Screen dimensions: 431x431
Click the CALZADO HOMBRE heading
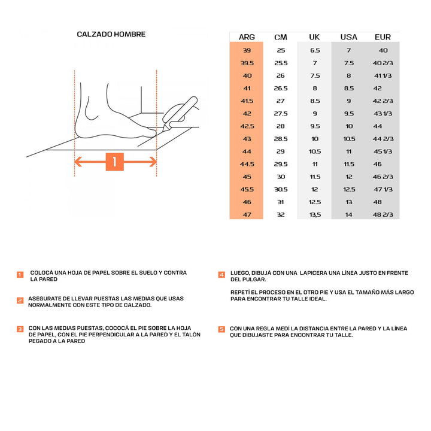[111, 34]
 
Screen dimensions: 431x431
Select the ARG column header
[247, 37]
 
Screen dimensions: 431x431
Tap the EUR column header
[383, 37]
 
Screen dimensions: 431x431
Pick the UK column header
[314, 37]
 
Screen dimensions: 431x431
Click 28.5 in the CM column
[281, 139]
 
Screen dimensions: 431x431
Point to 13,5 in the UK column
[315, 215]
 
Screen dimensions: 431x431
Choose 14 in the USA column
[348, 215]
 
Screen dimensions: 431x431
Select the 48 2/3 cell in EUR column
[383, 215]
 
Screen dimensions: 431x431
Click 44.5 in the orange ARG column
[247, 164]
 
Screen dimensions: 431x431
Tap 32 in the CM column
[281, 215]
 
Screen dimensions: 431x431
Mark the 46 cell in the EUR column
[377, 164]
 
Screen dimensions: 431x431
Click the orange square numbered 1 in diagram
[115, 162]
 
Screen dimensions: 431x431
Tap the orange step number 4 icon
[221, 274]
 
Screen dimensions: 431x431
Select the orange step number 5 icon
[221, 329]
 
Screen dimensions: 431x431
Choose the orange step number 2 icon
[20, 301]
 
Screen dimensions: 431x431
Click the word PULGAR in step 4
[251, 280]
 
